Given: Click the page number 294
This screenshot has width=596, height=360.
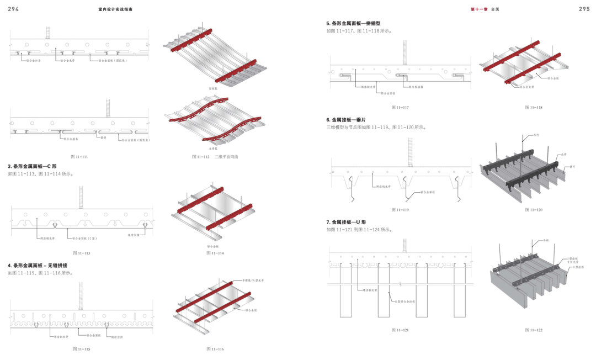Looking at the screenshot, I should pyautogui.click(x=14, y=9).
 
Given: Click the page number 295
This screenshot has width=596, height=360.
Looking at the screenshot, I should pyautogui.click(x=584, y=9).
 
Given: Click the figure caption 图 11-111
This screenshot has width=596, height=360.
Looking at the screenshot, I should pyautogui.click(x=81, y=157).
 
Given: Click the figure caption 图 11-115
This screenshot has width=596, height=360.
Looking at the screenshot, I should pyautogui.click(x=82, y=349).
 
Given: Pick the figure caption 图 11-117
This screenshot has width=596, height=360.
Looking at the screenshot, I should pyautogui.click(x=400, y=107).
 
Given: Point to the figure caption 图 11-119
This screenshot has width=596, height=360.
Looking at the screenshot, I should pyautogui.click(x=400, y=210).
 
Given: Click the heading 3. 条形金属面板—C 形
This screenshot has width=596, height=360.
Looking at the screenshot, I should pyautogui.click(x=32, y=166).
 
